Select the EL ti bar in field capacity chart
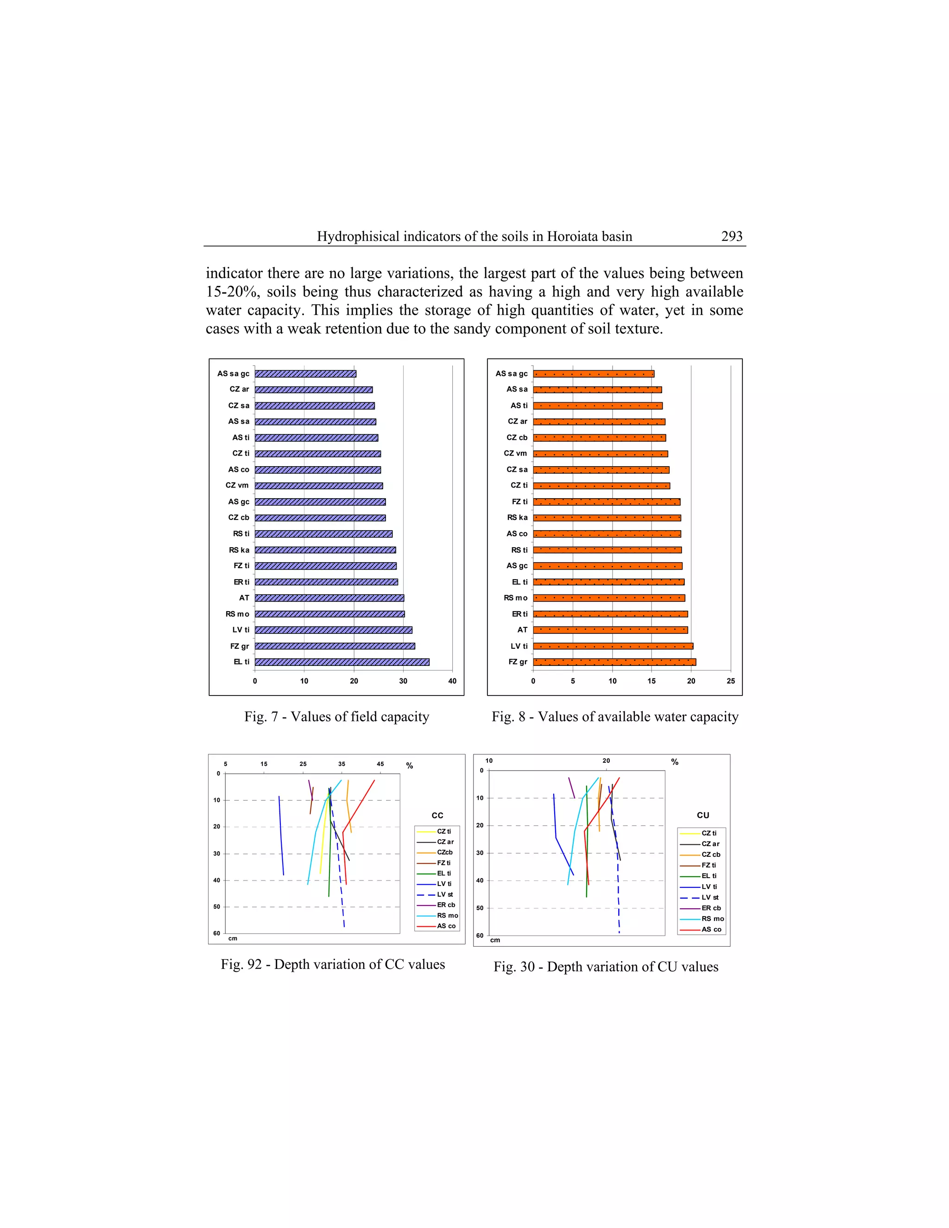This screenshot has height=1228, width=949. tap(342, 662)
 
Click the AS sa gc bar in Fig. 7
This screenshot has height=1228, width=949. tap(305, 373)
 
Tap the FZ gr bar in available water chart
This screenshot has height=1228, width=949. tap(614, 662)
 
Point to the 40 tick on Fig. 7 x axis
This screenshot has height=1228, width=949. tap(452, 681)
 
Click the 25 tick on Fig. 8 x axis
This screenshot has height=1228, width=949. tap(730, 681)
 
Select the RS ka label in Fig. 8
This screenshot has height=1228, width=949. tap(517, 517)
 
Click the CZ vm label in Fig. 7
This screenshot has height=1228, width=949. tap(237, 485)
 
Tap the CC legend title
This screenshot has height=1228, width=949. tap(437, 815)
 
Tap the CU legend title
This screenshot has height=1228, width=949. tap(703, 815)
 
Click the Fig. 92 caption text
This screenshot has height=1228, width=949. tap(333, 964)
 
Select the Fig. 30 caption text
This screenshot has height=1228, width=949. tap(606, 967)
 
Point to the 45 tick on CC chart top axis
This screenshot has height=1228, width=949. tap(380, 764)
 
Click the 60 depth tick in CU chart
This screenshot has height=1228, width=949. tap(480, 936)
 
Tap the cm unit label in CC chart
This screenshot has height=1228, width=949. tap(233, 938)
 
